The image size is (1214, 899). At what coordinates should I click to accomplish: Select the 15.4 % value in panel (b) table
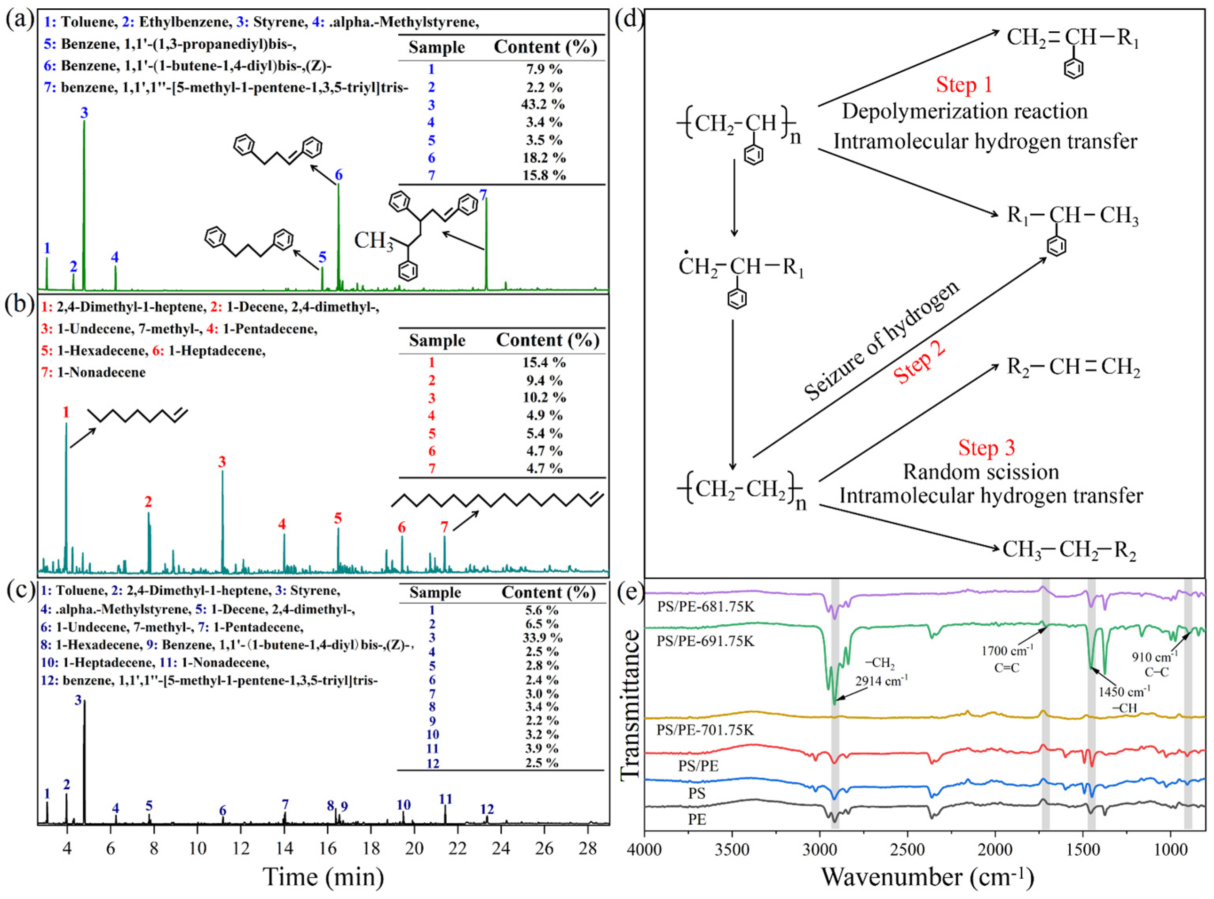click(544, 363)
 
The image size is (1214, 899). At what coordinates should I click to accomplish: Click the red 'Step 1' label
click(964, 85)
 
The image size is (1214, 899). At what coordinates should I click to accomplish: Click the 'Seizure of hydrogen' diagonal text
click(881, 342)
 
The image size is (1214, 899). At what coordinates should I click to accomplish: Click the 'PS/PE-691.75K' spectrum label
click(706, 641)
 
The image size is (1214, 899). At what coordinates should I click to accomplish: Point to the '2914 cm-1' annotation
click(881, 681)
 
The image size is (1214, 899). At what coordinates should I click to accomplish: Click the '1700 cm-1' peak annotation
click(1007, 651)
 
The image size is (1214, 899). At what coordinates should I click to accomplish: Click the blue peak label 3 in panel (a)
click(84, 113)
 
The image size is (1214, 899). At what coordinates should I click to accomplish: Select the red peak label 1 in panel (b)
click(66, 412)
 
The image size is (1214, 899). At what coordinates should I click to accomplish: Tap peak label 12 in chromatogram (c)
click(486, 810)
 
